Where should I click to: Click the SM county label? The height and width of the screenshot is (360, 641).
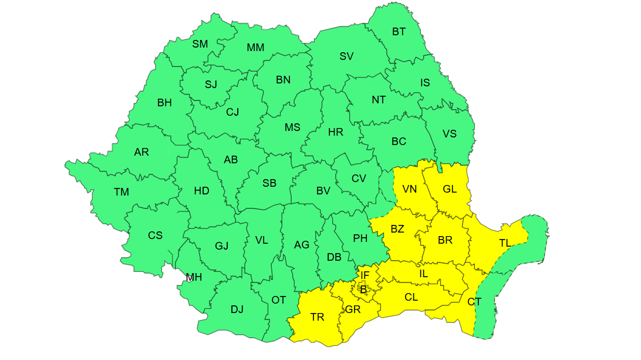200,44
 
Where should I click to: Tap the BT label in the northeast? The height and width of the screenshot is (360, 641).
399,32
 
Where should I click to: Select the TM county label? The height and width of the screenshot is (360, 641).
122,192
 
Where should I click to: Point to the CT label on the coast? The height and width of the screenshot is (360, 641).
474,302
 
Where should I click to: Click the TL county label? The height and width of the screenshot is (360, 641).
505,243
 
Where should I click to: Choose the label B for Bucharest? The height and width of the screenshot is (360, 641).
363,289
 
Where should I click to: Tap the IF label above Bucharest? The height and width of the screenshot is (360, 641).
365,275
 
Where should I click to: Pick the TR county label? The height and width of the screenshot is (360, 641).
317,317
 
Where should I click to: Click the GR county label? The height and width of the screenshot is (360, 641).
353,309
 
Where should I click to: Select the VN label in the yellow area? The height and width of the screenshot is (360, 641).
409,189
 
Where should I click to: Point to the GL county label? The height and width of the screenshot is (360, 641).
450,189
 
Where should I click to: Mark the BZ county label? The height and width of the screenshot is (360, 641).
397,229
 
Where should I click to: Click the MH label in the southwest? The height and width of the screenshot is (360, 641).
194,277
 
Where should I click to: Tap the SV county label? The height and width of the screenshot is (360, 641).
346,56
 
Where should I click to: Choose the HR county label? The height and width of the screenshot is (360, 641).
336,132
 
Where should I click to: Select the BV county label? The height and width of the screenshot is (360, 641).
323,191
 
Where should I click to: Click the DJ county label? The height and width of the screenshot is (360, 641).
237,309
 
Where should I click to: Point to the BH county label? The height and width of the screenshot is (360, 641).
164,103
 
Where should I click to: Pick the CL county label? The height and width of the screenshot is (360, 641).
411,297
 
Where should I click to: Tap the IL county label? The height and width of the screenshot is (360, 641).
423,274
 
